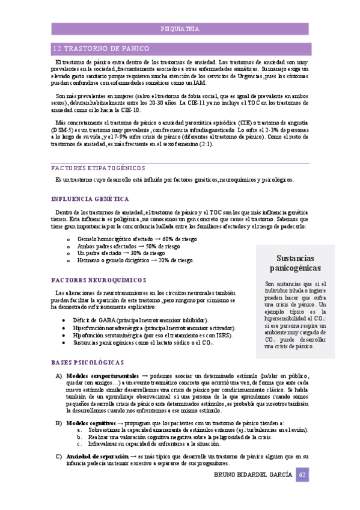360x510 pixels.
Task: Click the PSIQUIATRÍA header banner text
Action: coord(180,29)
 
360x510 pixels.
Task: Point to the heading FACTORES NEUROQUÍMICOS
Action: coord(99,280)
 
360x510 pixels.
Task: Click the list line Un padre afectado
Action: coord(103,254)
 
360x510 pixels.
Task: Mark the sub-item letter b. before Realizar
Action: coord(81,437)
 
